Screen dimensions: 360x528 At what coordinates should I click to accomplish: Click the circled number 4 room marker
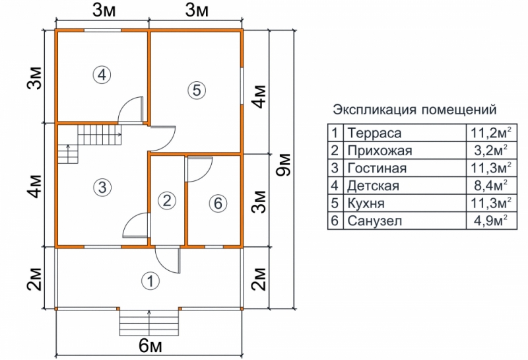coord(101,75)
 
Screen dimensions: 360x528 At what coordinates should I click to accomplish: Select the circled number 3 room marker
coord(100,187)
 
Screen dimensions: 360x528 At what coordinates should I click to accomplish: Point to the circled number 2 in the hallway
coord(168,200)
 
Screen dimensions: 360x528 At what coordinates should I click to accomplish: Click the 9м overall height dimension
coord(284,169)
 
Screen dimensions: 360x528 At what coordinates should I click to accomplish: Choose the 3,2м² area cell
coord(489,150)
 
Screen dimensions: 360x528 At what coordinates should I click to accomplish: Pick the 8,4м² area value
coord(489,186)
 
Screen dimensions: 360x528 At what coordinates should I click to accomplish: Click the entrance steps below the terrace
coord(150,324)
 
